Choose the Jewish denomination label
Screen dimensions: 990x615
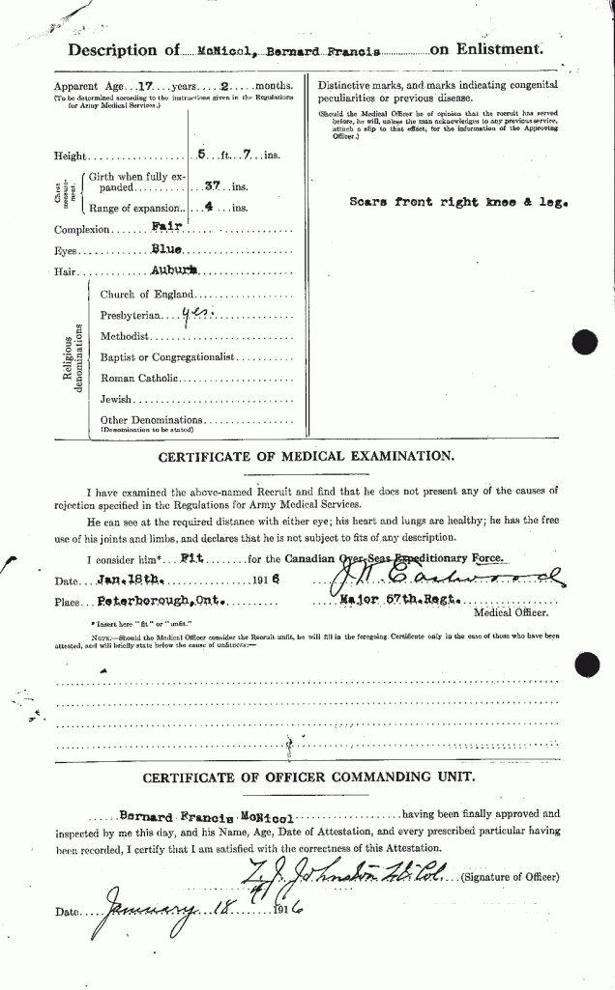pyautogui.click(x=117, y=399)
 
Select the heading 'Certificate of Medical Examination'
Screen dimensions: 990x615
pyautogui.click(x=307, y=457)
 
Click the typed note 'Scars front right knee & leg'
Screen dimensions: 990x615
pyautogui.click(x=458, y=204)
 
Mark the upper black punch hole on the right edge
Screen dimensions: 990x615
pyautogui.click(x=586, y=342)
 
